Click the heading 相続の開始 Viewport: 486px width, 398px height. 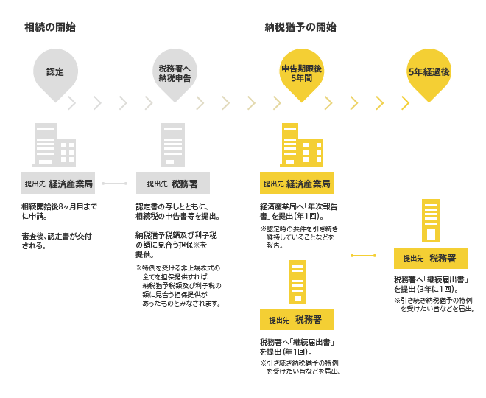pyautogui.click(x=50, y=27)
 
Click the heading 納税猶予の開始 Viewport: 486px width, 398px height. pyautogui.click(x=300, y=27)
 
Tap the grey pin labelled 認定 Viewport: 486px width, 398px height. pyautogui.click(x=55, y=74)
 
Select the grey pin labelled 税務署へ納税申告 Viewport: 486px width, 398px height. pyautogui.click(x=175, y=74)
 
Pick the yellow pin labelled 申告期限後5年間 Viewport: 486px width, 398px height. pyautogui.click(x=302, y=74)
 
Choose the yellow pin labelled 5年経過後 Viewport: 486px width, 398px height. pyautogui.click(x=429, y=74)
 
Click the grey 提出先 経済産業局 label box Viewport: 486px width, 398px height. pyautogui.click(x=58, y=184)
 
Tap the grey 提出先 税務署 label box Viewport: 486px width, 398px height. pyautogui.click(x=173, y=184)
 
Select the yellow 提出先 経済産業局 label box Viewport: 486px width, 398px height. pyautogui.click(x=297, y=184)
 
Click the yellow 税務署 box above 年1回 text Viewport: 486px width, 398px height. pyautogui.click(x=297, y=320)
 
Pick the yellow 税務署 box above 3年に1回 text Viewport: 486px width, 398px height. pyautogui.click(x=431, y=258)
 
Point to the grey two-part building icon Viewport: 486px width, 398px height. pyautogui.click(x=54, y=145)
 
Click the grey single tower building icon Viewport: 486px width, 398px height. pyautogui.click(x=173, y=145)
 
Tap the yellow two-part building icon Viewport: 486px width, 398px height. pyautogui.click(x=302, y=145)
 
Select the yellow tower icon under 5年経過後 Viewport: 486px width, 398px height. pyautogui.click(x=431, y=220)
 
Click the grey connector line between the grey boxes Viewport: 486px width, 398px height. pyautogui.click(x=115, y=184)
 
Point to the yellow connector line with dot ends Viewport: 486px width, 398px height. pyautogui.click(x=364, y=256)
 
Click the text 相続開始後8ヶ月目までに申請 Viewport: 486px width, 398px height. pyautogui.click(x=59, y=212)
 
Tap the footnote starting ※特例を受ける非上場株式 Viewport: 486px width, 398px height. pyautogui.click(x=179, y=286)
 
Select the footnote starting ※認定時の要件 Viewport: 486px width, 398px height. pyautogui.click(x=299, y=237)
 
